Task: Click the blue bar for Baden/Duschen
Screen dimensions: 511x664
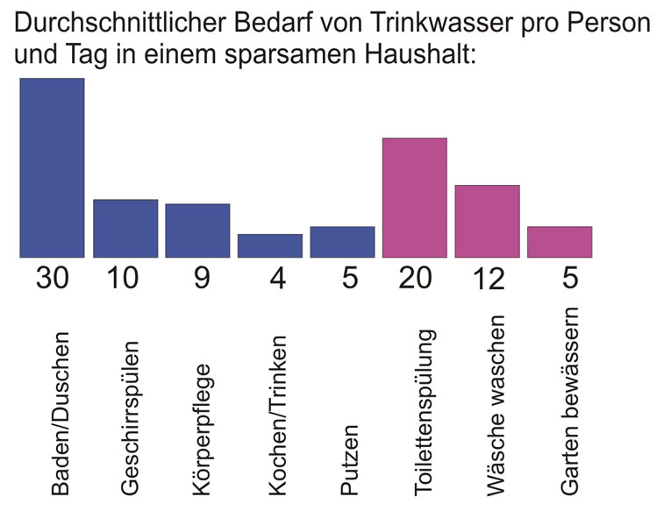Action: (52, 167)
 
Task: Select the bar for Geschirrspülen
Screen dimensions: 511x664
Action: (125, 228)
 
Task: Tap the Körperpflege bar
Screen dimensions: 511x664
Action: (197, 231)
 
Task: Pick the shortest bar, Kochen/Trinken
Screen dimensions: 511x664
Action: (269, 245)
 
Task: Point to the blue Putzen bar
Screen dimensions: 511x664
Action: (342, 242)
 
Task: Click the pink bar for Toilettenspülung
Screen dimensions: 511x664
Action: (414, 197)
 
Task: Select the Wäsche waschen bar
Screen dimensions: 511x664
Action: (487, 221)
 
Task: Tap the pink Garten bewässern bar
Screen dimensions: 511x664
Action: (560, 242)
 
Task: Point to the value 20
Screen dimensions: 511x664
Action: (415, 278)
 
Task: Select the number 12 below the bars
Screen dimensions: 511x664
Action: (487, 279)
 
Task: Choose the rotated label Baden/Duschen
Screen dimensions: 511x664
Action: (61, 413)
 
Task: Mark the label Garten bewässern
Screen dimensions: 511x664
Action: (570, 400)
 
